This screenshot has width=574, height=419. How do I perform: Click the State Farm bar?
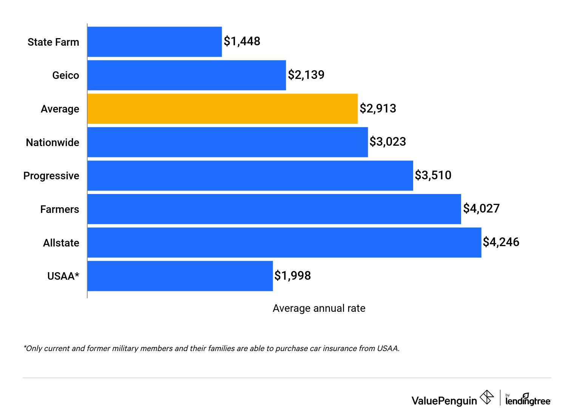coord(154,42)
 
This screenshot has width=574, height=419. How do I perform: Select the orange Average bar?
coord(222,109)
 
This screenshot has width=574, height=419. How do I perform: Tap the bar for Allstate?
coord(284,243)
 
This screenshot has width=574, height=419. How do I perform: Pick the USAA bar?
coord(180,276)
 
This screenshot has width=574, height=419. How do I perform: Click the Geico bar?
coord(187,75)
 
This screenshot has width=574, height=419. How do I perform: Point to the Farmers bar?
coord(274,209)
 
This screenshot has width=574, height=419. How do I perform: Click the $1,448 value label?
coord(242,41)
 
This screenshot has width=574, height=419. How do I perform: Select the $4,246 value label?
coord(501,242)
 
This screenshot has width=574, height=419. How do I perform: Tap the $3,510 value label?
coord(433,175)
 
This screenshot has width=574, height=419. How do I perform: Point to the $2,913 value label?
coord(378,108)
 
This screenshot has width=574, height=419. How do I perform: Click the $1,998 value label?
coord(293,276)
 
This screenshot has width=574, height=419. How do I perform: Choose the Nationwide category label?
coord(52,143)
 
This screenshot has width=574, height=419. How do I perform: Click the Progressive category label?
coord(51,176)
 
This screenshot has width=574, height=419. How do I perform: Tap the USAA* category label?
coord(63,276)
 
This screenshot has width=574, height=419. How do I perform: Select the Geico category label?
coord(66,75)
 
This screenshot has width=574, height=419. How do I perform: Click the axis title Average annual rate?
coord(319,308)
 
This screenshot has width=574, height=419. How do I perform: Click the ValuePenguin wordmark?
coord(444,401)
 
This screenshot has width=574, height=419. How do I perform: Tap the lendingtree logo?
coord(528,400)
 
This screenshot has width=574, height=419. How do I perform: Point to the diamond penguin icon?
coord(487,397)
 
